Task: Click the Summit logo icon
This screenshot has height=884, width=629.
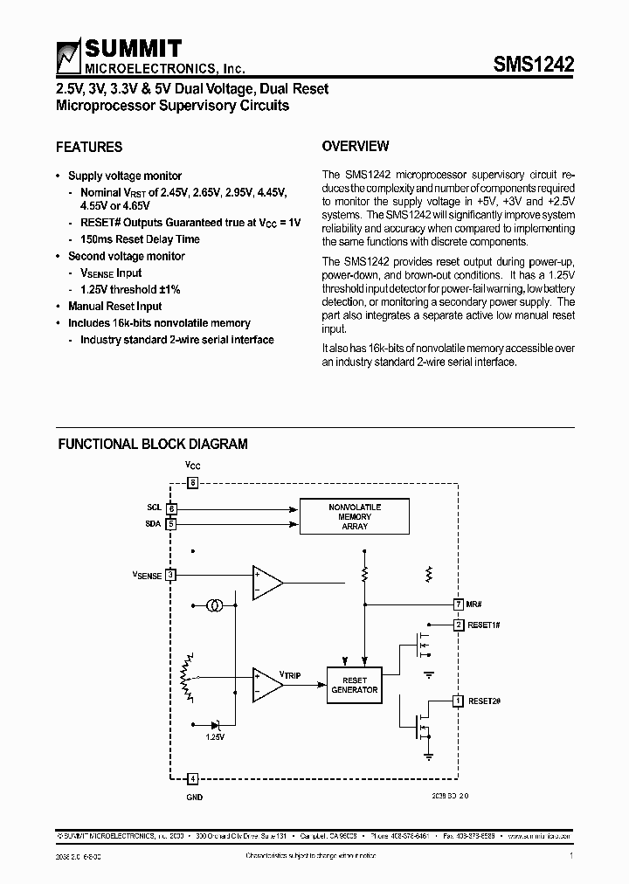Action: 68,58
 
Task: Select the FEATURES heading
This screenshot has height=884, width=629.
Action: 89,147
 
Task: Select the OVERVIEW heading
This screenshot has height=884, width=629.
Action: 356,146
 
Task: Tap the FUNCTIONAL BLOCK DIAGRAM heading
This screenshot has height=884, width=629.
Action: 153,444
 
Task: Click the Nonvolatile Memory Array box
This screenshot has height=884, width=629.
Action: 355,516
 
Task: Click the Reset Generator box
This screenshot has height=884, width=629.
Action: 354,684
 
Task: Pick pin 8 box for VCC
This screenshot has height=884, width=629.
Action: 193,482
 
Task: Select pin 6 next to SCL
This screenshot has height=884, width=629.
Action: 171,508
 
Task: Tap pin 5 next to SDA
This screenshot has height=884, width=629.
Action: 171,524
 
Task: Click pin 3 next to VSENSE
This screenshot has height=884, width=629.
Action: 171,574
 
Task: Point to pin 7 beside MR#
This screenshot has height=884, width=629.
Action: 458,604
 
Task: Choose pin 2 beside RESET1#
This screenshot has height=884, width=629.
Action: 458,625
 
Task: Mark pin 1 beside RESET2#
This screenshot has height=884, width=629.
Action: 458,700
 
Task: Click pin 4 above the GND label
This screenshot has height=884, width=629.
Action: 193,777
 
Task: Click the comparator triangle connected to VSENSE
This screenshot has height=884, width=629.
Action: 266,582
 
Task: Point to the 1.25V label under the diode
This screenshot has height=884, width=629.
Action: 215,737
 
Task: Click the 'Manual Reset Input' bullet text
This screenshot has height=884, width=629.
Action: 115,307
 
